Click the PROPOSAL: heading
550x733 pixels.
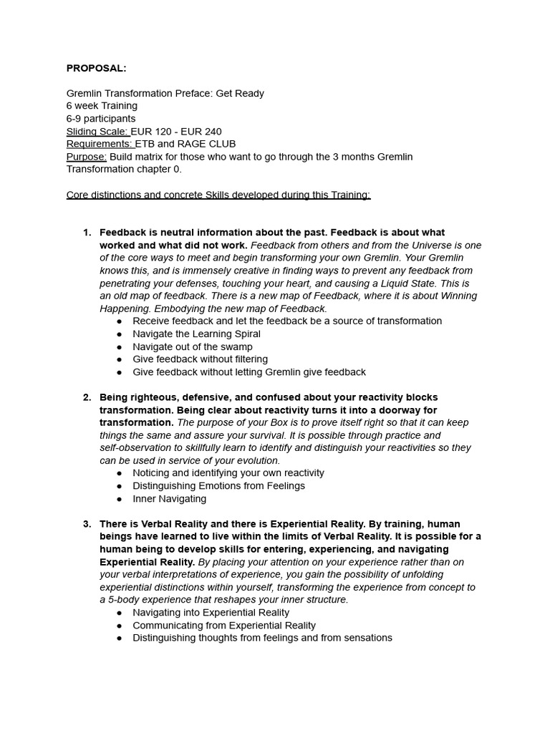pyautogui.click(x=95, y=69)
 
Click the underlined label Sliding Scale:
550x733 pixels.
pyautogui.click(x=98, y=132)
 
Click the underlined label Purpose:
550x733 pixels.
pyautogui.click(x=87, y=157)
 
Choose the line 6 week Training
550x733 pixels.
pyautogui.click(x=102, y=106)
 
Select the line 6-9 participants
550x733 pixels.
pyautogui.click(x=101, y=119)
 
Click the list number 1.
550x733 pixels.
pyautogui.click(x=86, y=233)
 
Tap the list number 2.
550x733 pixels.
pyautogui.click(x=86, y=397)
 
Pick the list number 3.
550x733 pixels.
pyautogui.click(x=86, y=524)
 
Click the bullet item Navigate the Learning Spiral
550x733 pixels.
pyautogui.click(x=196, y=334)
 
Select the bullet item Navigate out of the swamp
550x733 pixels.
pyautogui.click(x=192, y=346)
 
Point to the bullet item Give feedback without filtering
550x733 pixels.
pyautogui.click(x=200, y=359)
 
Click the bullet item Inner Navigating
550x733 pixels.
pyautogui.click(x=169, y=499)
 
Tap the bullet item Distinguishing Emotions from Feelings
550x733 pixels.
pyautogui.click(x=218, y=486)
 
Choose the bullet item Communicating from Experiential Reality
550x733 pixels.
pyautogui.click(x=224, y=626)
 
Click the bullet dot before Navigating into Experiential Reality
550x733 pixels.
pyautogui.click(x=119, y=613)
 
